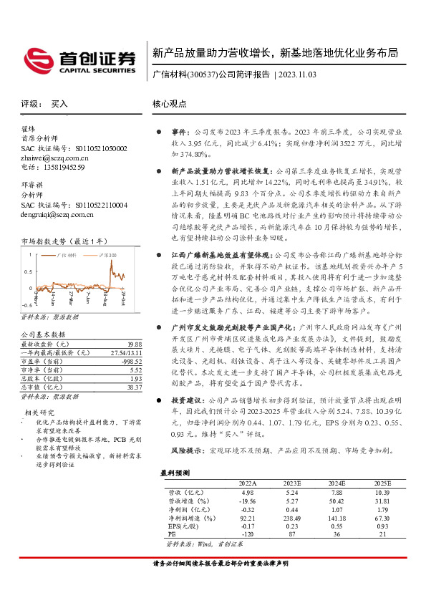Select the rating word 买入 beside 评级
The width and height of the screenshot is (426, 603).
click(x=59, y=104)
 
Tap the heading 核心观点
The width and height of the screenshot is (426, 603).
click(x=170, y=104)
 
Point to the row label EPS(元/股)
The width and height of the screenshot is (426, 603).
click(x=179, y=526)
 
